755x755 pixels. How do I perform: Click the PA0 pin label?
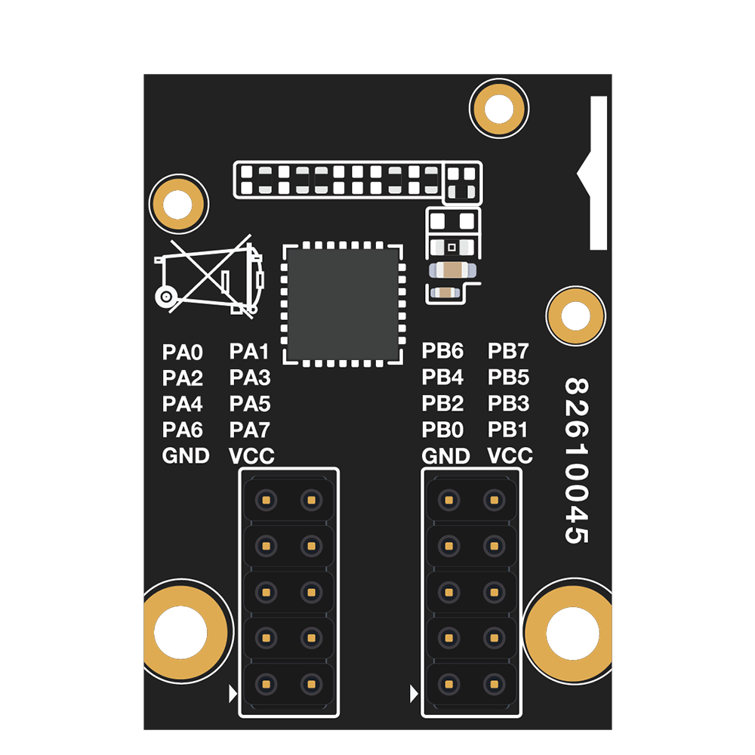pos(183,353)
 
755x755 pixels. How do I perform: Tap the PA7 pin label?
pos(249,430)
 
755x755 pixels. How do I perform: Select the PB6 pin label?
pos(442,351)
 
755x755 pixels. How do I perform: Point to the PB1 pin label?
pos(507,430)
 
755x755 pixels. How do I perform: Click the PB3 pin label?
pos(508,403)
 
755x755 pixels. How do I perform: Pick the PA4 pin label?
pos(183,404)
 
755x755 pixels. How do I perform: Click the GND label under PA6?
pos(186,455)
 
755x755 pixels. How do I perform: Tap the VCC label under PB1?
pos(510,455)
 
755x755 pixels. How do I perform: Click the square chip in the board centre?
pos(342,304)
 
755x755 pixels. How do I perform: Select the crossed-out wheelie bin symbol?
pos(209,277)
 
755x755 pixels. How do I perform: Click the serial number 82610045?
pos(576,461)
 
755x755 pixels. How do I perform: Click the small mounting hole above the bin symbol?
pos(179,204)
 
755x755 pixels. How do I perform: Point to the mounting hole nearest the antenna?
pos(499,108)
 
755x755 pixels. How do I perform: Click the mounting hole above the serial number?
pos(576,316)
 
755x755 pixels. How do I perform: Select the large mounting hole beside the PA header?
pos(182,632)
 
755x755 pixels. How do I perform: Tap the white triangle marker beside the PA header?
pos(233,694)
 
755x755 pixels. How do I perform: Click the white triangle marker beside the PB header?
pos(414,694)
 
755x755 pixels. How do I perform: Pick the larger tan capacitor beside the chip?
pos(452,270)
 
